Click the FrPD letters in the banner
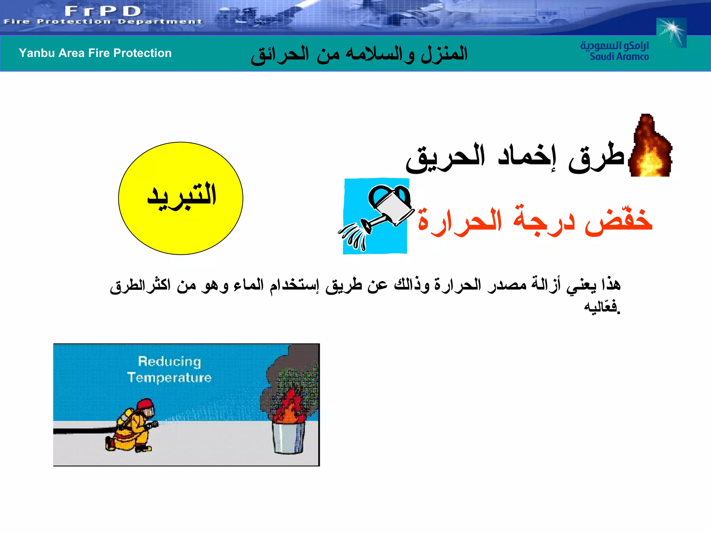[x=103, y=11]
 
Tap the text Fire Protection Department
[x=103, y=22]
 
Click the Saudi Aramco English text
[x=619, y=57]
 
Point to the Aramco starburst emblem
[x=671, y=33]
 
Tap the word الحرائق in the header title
[x=280, y=54]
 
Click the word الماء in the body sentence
[x=248, y=285]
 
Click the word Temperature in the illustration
[x=169, y=378]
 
